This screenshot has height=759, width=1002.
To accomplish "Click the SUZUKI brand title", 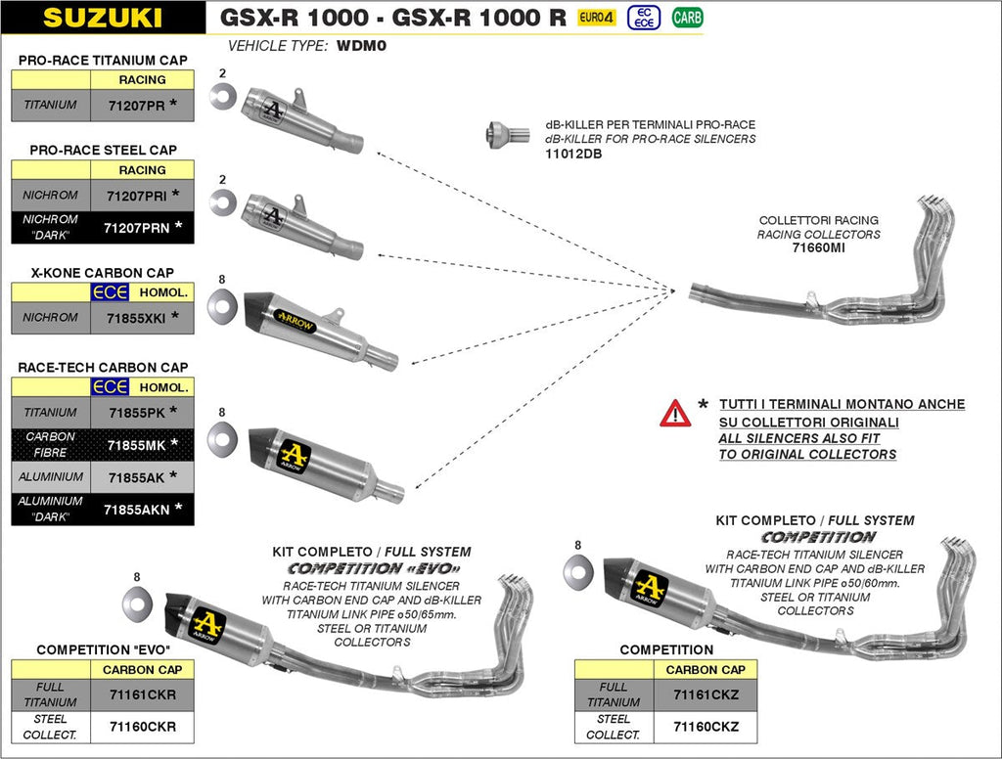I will pyautogui.click(x=102, y=18).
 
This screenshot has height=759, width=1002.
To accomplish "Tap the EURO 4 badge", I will pyautogui.click(x=596, y=18).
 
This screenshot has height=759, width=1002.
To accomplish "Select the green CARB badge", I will pyautogui.click(x=687, y=18).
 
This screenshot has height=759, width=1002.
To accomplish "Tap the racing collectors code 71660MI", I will pyautogui.click(x=818, y=248).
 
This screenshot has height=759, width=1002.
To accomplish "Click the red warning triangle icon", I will pyautogui.click(x=675, y=413).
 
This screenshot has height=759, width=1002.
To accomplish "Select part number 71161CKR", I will pyautogui.click(x=142, y=694).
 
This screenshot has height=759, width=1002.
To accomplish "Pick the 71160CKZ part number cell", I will pyautogui.click(x=706, y=727).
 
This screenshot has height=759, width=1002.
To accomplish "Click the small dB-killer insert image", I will pyautogui.click(x=502, y=135).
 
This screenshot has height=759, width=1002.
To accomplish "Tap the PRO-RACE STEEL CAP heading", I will pyautogui.click(x=103, y=150).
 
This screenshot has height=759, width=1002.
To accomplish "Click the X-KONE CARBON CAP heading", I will pyautogui.click(x=103, y=272).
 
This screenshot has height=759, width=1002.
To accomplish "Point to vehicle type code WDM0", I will pyautogui.click(x=362, y=46).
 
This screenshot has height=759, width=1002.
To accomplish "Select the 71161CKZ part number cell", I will pyautogui.click(x=706, y=694).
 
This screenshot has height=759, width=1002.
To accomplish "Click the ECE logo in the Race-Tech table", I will pyautogui.click(x=110, y=388).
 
